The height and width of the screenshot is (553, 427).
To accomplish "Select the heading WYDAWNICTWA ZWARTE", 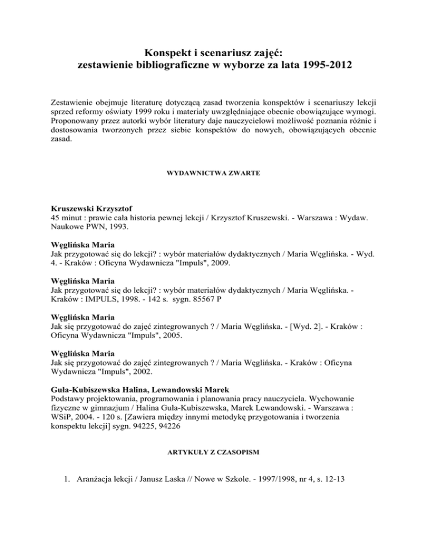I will tap(213, 174).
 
